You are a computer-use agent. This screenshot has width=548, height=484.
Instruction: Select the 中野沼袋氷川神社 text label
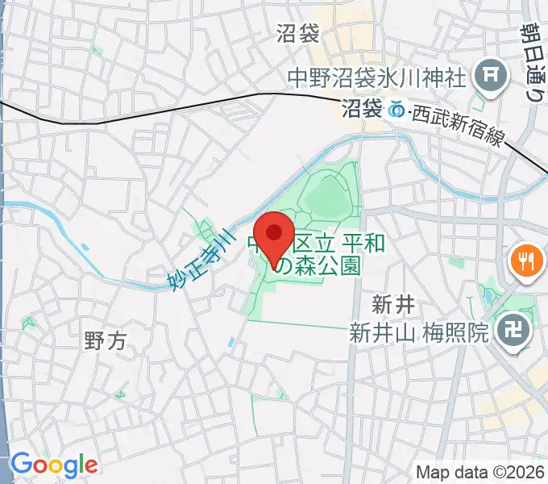point(377,79)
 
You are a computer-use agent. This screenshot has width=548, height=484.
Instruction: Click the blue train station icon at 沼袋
point(397,111)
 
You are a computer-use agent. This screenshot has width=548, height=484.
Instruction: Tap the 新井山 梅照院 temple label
point(419,332)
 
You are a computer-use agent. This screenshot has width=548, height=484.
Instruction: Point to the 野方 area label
point(106,341)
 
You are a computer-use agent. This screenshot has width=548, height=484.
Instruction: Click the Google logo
point(53,465)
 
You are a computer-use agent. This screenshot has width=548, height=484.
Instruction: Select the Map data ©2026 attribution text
point(479,471)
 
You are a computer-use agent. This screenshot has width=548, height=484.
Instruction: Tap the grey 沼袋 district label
point(298,34)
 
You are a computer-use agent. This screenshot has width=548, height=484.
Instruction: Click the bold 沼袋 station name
point(362,110)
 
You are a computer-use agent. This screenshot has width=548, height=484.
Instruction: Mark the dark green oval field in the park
point(326,197)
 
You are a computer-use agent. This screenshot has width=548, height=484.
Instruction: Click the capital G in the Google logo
point(21,465)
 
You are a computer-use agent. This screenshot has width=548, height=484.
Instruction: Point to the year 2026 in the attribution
point(525,471)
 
